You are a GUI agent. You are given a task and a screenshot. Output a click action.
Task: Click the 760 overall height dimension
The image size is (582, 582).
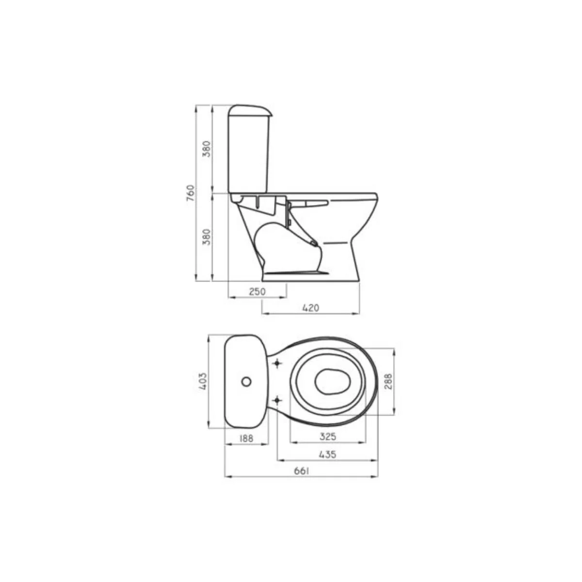click(191, 194)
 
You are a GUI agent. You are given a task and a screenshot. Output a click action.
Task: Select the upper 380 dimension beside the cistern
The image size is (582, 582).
click(207, 148)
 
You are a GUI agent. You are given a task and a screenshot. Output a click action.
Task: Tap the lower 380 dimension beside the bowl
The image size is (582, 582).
click(207, 237)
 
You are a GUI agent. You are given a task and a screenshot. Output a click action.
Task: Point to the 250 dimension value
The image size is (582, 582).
click(257, 291)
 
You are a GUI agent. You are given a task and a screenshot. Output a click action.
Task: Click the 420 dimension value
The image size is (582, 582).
click(310, 308)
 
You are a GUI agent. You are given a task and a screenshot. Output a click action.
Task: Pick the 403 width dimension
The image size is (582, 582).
click(203, 381)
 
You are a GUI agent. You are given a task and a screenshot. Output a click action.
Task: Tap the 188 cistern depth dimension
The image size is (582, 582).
click(246, 438)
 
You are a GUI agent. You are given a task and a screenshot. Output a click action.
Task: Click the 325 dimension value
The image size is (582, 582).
click(328, 436)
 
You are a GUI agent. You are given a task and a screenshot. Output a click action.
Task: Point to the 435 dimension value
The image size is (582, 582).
click(327, 454)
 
